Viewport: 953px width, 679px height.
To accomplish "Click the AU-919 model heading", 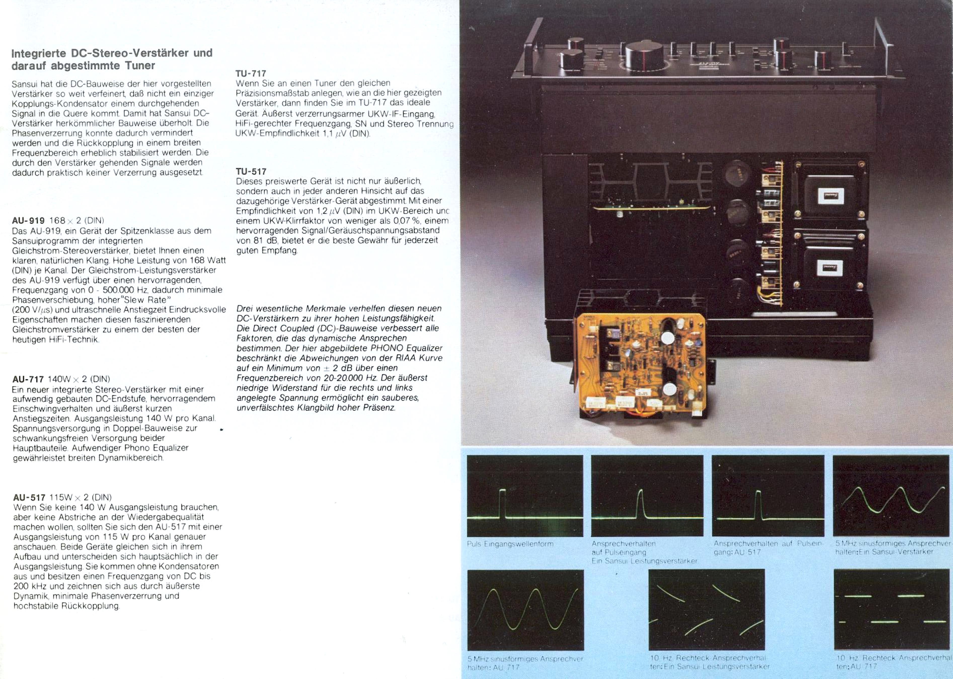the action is coord(28,220).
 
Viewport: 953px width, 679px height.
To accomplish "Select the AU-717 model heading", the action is coord(28,379).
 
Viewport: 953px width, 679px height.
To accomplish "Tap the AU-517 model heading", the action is coord(29,497).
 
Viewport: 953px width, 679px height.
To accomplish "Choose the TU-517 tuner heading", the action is coord(251,172).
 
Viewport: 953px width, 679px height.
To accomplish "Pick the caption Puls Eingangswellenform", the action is coord(510,544).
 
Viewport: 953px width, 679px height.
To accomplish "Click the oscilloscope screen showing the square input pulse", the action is coord(525,496).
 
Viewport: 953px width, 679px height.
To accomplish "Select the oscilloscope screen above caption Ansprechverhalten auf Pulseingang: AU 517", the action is coord(768,496).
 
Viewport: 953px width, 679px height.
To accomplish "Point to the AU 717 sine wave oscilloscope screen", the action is coord(525,610).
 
